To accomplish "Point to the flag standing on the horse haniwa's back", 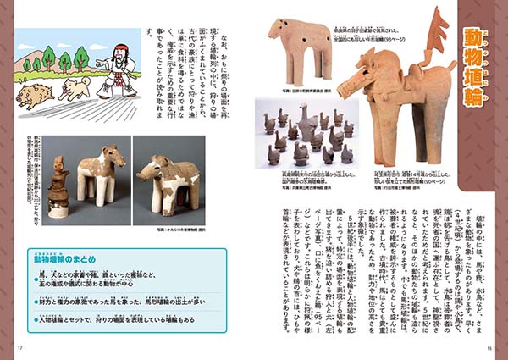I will [x=438, y=34].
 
